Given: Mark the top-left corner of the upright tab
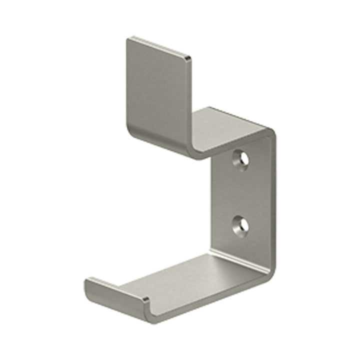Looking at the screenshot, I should (128, 38).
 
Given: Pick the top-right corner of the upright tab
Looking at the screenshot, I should (189, 59).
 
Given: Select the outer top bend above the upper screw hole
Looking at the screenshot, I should (270, 131).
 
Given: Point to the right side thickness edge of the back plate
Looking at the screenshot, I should (273, 200).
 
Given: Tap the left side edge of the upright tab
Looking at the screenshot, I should (127, 85).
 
